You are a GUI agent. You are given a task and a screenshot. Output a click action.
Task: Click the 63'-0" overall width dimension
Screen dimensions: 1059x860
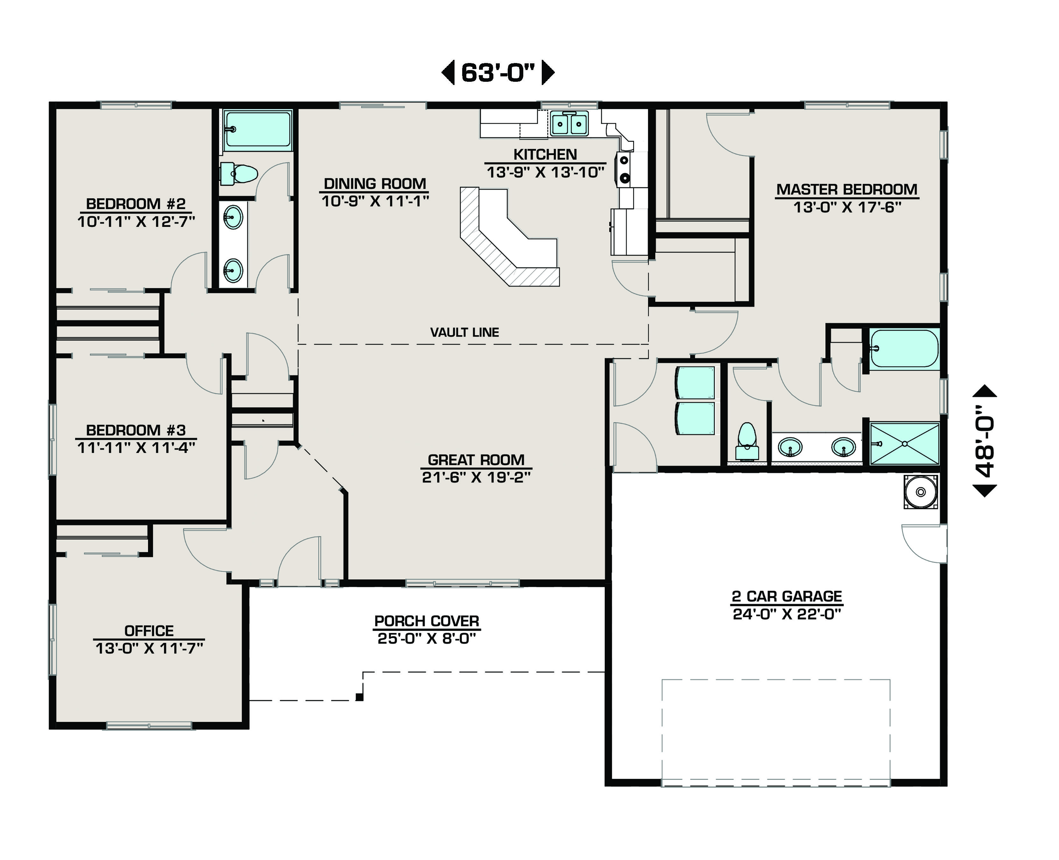(x=498, y=72)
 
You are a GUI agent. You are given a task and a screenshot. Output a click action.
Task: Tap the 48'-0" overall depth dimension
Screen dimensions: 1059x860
(x=985, y=441)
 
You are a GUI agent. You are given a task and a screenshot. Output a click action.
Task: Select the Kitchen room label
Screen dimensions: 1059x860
(x=545, y=155)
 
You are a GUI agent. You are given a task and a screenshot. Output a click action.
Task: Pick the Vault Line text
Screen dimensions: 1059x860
(x=465, y=332)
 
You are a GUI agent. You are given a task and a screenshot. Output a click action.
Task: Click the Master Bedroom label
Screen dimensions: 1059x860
(x=847, y=189)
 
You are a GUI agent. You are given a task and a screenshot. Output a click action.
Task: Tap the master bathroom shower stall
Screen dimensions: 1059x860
(x=904, y=443)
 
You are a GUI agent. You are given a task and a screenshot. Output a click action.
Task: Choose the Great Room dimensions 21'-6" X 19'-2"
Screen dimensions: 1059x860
(x=476, y=477)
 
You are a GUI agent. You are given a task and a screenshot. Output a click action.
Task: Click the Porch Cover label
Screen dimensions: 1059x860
(x=427, y=621)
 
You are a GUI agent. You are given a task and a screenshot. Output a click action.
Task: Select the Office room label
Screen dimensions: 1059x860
(x=149, y=631)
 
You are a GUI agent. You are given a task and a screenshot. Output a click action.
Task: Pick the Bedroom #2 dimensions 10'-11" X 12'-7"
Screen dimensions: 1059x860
(x=136, y=222)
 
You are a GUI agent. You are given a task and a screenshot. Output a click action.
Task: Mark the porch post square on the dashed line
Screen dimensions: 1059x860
(x=360, y=697)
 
